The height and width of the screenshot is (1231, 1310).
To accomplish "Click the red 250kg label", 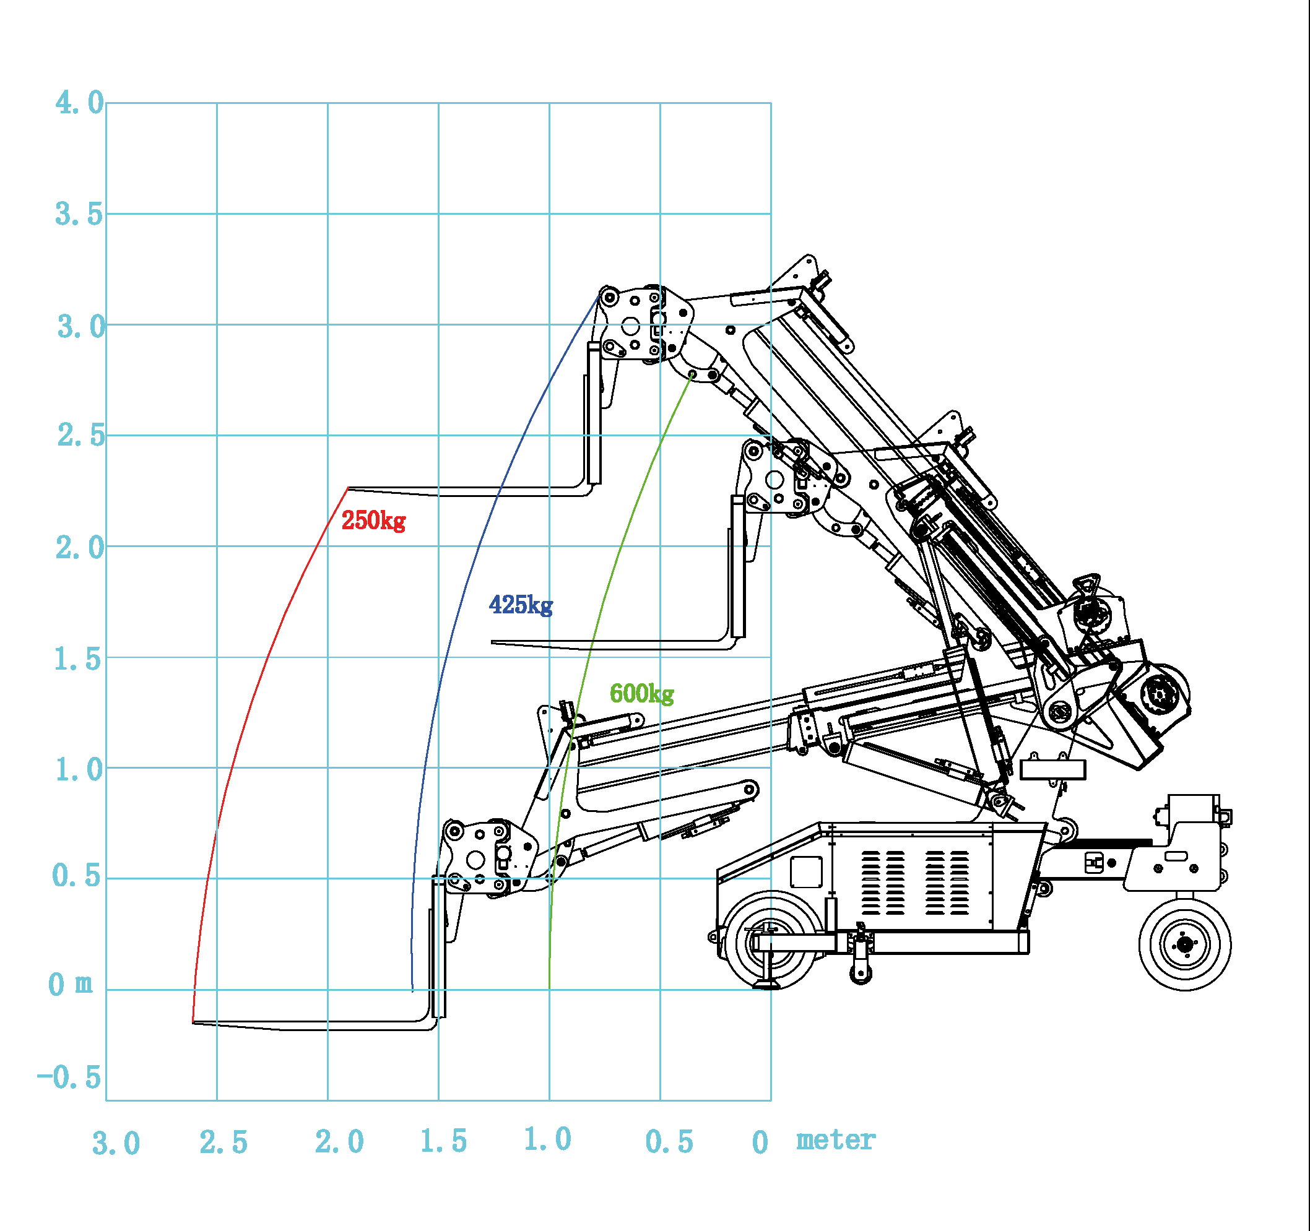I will pos(373,520).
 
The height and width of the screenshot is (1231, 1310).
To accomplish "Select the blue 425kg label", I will pos(521,605).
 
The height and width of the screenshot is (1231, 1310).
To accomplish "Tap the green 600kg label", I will pos(642,694).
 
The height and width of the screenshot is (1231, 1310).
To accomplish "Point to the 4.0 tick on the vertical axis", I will pos(80,103).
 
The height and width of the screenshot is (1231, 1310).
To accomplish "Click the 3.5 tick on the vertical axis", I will pos(79,215).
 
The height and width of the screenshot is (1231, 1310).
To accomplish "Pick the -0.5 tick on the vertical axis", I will pos(69,1078).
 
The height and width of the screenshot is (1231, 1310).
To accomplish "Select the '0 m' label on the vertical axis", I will pos(71,985).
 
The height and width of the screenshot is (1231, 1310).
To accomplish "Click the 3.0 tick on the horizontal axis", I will pos(116,1143).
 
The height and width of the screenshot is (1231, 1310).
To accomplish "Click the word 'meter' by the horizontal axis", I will pos(836,1140).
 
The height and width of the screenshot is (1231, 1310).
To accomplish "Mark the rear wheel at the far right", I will pos(1185,944).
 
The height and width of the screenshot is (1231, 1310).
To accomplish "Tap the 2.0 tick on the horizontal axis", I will pos(339,1142).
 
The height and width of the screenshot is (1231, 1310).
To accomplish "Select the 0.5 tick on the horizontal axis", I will pos(669,1142).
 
